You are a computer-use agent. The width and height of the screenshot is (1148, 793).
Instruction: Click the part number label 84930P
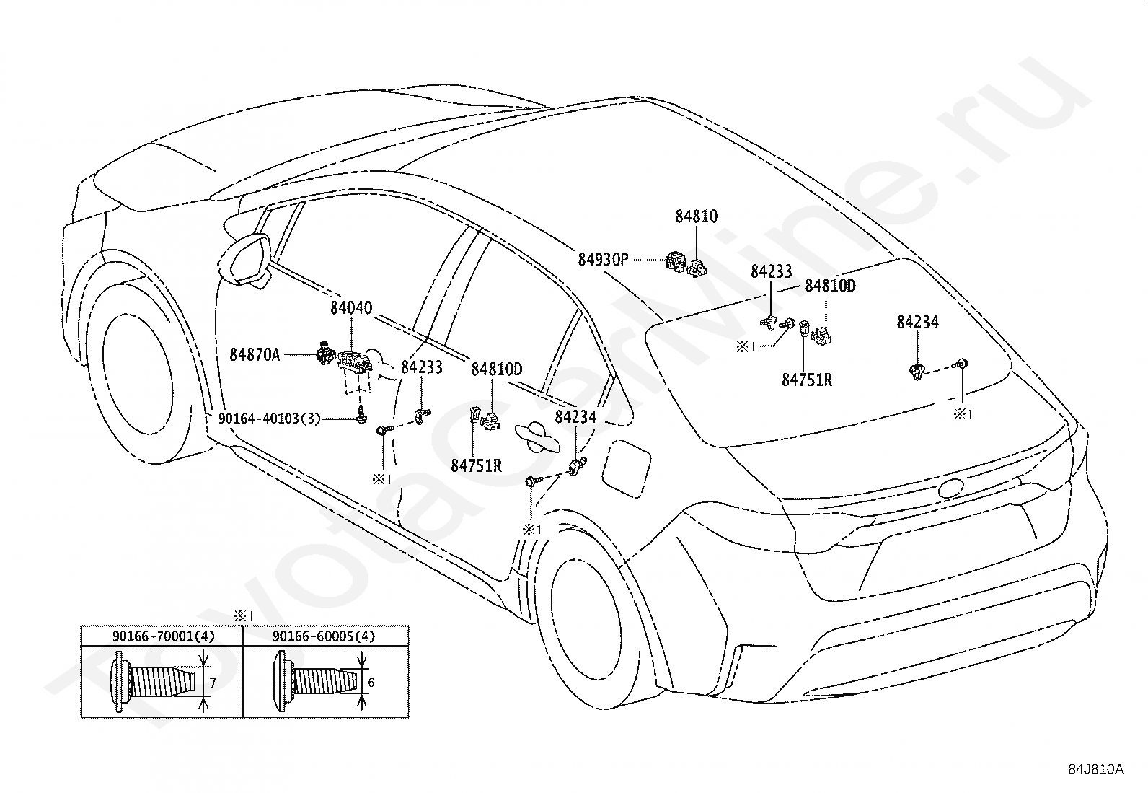coord(603,260)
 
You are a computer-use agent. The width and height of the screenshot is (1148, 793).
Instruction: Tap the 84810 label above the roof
coord(696,216)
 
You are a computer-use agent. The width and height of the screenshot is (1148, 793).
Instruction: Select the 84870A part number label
coord(255,354)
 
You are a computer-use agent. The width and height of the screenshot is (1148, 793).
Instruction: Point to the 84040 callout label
coord(351,308)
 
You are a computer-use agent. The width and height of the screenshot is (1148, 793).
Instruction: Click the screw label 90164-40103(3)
coord(270,419)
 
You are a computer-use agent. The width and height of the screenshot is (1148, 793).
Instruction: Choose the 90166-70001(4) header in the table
coord(163,636)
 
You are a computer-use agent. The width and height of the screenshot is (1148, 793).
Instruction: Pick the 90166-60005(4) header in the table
coord(324,636)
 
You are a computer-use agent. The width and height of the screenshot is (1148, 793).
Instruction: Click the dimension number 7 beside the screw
coord(213,683)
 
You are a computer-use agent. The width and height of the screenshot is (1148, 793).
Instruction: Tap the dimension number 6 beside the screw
coord(371,682)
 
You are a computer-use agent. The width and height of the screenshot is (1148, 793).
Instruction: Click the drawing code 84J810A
coord(1097,769)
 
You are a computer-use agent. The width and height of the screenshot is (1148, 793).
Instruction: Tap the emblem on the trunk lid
coord(950,488)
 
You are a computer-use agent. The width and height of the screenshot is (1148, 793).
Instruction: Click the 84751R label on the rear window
coord(807,380)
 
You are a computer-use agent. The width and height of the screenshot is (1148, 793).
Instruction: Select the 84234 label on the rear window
coord(918,322)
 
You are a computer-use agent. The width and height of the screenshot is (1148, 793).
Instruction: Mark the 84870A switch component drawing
coord(326,352)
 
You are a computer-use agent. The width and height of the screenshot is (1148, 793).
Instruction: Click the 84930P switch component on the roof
coord(676,262)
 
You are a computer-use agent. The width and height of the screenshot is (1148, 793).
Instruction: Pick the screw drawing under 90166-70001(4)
coord(154,682)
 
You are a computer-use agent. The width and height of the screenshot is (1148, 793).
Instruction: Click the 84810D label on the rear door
coord(497,369)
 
